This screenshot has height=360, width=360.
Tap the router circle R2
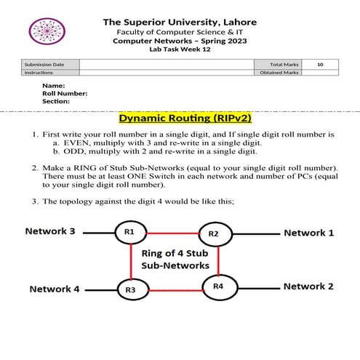pyautogui.click(x=214, y=233)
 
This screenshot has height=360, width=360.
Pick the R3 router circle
pyautogui.click(x=131, y=289)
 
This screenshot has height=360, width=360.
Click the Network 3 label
pyautogui.click(x=50, y=231)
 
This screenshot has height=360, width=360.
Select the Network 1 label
pyautogui.click(x=309, y=233)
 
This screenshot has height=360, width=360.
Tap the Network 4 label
pyautogui.click(x=54, y=289)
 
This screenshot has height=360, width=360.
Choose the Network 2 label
pyautogui.click(x=309, y=287)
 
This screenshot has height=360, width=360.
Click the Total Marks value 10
pyautogui.click(x=320, y=65)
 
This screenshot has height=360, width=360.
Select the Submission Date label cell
pyautogui.click(x=44, y=65)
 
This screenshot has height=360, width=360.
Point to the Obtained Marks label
pyautogui.click(x=279, y=73)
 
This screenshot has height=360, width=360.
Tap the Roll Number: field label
pyautogui.click(x=65, y=93)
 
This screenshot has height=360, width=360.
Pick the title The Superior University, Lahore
pyautogui.click(x=179, y=22)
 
